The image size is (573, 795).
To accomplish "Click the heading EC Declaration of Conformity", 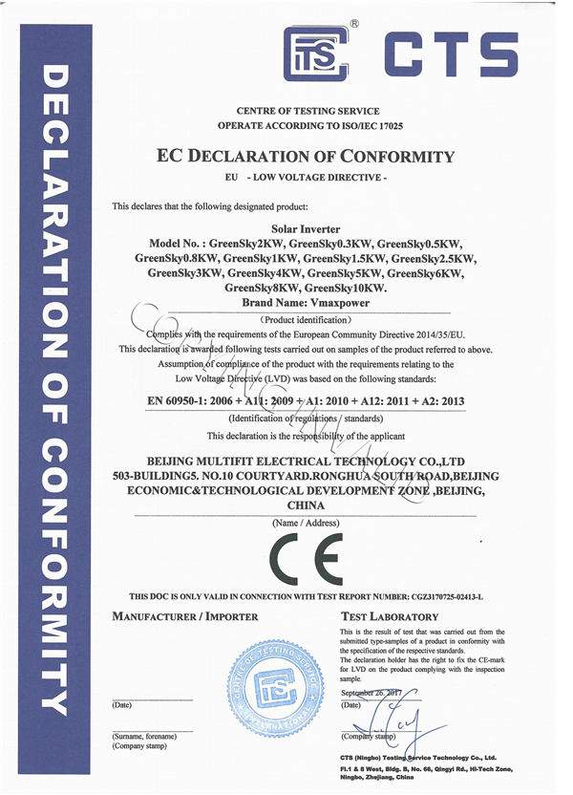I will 305,157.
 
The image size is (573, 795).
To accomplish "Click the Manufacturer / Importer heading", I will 185,617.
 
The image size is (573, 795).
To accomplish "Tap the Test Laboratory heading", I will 390,617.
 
